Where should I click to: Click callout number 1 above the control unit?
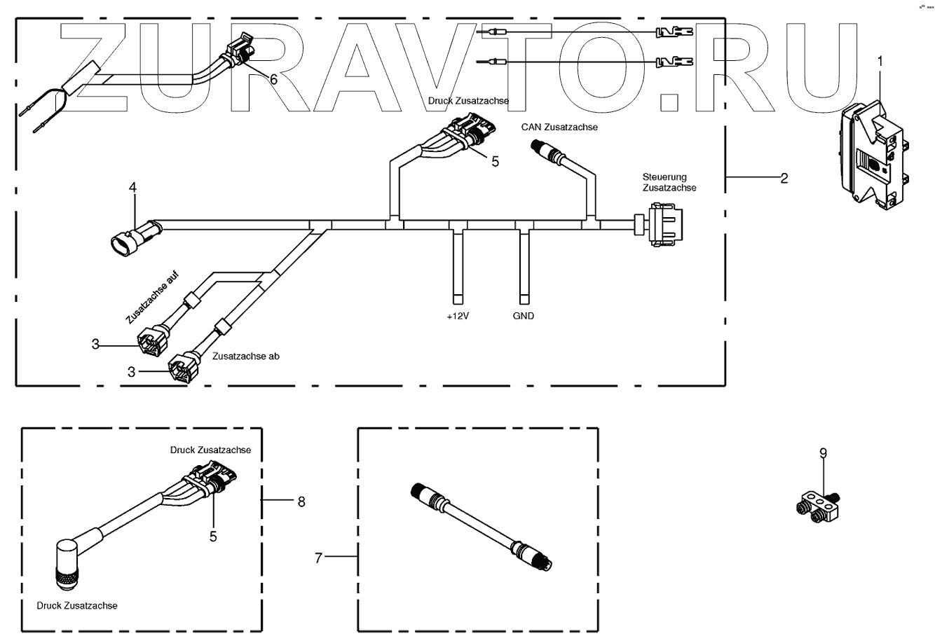tap(880, 61)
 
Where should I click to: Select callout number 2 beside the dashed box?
tap(784, 178)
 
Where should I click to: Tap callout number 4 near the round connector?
tap(132, 187)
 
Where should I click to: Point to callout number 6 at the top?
tap(273, 79)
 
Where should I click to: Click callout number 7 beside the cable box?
tap(318, 558)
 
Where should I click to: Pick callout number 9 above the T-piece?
tap(823, 453)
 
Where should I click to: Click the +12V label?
tap(458, 316)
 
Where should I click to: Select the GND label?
tap(523, 316)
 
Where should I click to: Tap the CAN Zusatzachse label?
tap(559, 127)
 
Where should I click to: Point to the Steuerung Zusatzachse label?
tap(669, 182)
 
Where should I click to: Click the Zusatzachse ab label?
tap(246, 356)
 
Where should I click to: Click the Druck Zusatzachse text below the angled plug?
tap(77, 605)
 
